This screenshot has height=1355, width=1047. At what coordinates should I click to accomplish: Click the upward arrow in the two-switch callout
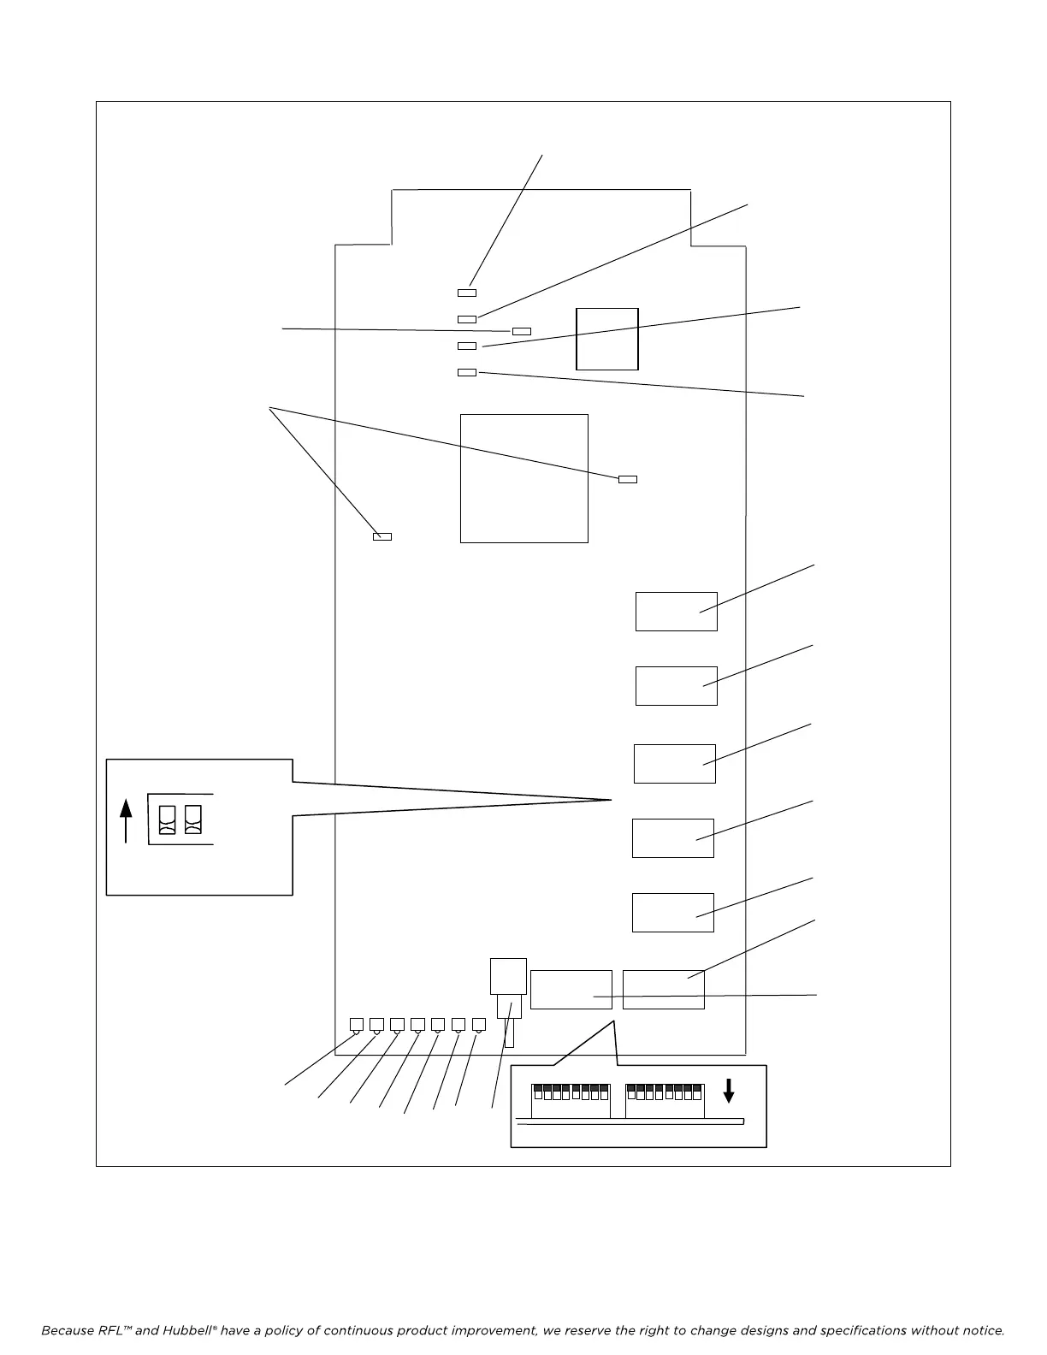pos(126,820)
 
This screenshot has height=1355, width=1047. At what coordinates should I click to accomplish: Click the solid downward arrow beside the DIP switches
pos(729,1090)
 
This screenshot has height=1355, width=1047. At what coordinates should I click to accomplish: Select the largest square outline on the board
pos(524,478)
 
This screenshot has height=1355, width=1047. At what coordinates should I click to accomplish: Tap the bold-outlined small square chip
pos(607,339)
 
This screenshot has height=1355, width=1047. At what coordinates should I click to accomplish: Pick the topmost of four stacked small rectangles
pos(467,293)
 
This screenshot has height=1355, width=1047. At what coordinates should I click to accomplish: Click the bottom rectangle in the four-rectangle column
pos(467,372)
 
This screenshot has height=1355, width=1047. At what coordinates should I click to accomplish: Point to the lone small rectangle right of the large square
pos(628,479)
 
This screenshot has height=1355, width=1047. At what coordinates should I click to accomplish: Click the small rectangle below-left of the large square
pos(382,536)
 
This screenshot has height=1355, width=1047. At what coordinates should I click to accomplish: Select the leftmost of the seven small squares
pos(357,1024)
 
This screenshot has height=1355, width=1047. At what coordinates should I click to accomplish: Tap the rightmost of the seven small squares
pos(479,1024)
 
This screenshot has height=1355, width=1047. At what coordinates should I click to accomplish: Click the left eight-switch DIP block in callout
pos(571,1100)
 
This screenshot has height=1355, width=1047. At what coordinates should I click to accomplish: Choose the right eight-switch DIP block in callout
pos(665,1100)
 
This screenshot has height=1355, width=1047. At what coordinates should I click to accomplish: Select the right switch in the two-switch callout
pos(193,820)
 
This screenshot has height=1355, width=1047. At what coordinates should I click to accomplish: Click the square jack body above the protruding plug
pos(508,976)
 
